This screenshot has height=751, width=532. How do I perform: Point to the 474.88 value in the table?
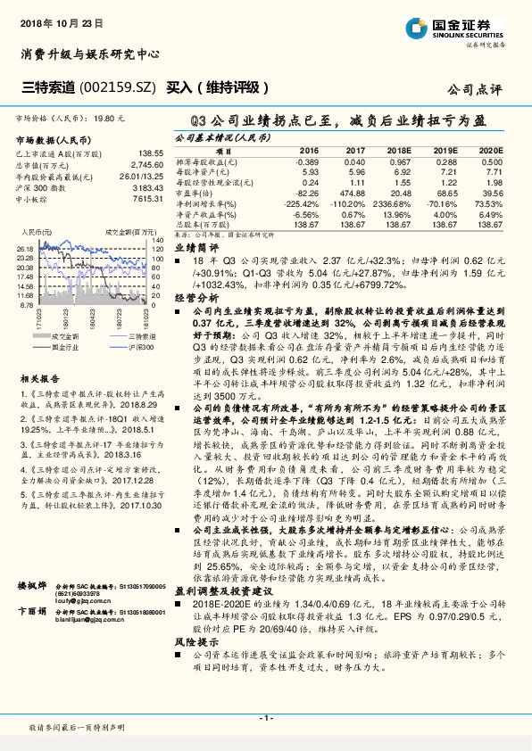[x=354, y=193]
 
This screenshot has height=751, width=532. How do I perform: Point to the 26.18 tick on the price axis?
[x=24, y=250]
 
